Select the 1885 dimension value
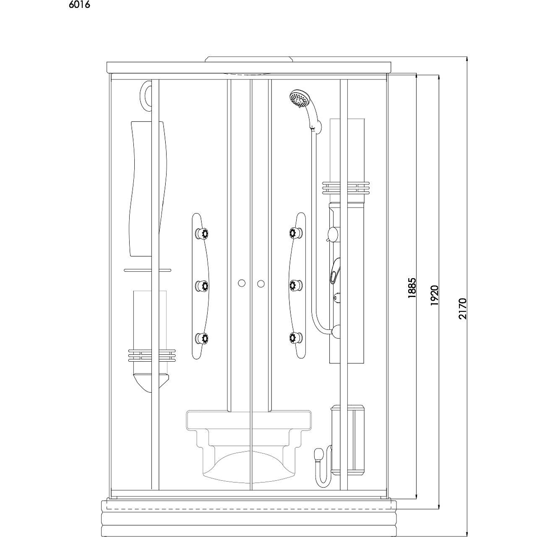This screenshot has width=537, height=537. click(x=412, y=288)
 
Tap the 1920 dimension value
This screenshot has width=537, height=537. click(x=435, y=295)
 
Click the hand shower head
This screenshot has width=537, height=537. click(x=298, y=98)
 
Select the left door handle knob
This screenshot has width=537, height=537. click(x=242, y=283)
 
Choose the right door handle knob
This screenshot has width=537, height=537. click(x=261, y=284)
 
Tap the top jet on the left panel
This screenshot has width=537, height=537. click(x=202, y=233)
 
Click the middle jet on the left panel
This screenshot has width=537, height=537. click(x=202, y=286)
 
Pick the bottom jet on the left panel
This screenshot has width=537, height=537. click(x=202, y=338)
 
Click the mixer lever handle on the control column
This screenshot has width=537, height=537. click(x=335, y=271)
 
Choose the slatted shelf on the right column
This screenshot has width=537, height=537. click(x=346, y=188)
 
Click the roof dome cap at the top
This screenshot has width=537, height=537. click(x=249, y=59)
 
